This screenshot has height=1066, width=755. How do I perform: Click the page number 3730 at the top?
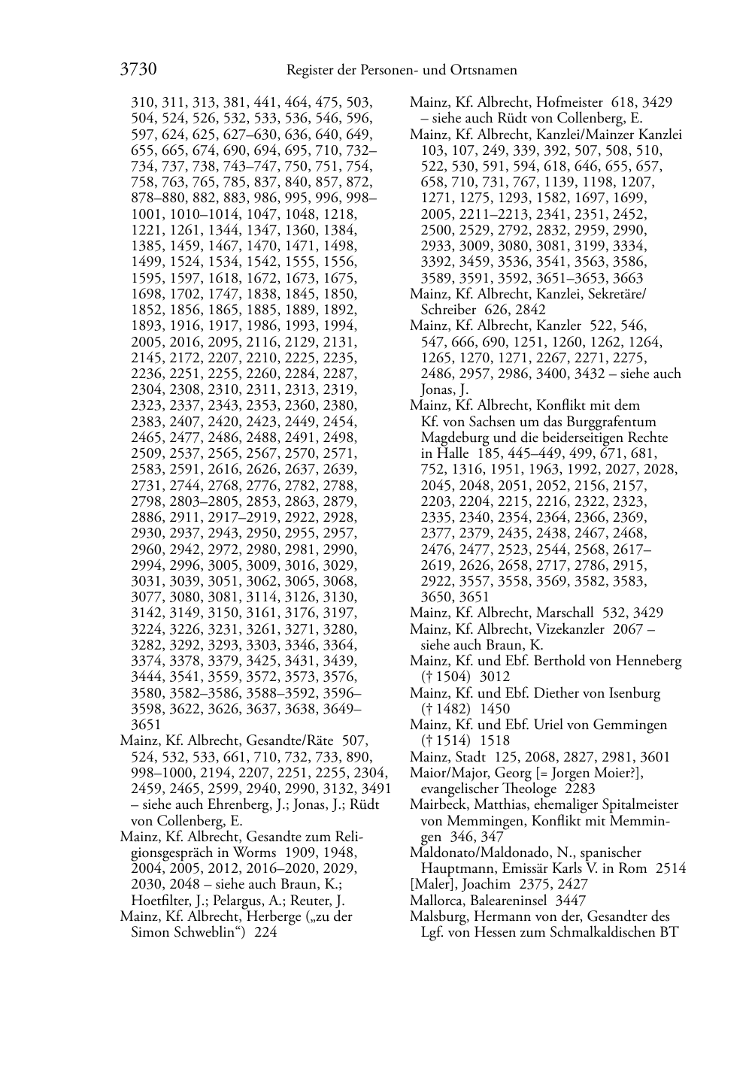[x=138, y=70]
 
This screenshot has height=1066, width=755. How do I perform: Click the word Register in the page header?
[x=311, y=71]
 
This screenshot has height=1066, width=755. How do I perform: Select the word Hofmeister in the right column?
[x=570, y=102]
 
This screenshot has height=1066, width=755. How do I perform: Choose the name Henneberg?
[x=648, y=662]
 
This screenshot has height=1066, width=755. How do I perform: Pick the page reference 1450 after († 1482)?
[x=495, y=709]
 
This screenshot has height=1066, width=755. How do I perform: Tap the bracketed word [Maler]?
[x=429, y=885]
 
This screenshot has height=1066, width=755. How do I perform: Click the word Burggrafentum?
[x=615, y=422]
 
